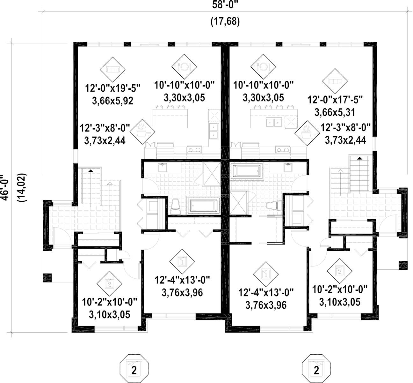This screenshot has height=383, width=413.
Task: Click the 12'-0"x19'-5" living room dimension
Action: pos(113,88)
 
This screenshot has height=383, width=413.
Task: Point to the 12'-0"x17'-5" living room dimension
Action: pos(335,100)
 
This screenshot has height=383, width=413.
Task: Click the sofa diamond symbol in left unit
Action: pos(112,69)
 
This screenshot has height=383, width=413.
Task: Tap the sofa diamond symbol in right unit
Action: pos(335,81)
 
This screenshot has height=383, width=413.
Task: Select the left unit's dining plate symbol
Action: pos(184,67)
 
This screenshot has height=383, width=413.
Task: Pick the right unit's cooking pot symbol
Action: pos(307,133)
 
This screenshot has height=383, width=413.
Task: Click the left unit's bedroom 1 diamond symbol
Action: pos(182,261)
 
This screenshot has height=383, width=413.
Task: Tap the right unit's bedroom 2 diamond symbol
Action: pos(340,271)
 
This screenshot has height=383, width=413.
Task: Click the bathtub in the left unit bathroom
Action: pos(204,206)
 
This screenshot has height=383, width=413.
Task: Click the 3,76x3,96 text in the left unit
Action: pos(182,293)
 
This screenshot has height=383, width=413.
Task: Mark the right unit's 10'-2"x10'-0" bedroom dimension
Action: pos(340,290)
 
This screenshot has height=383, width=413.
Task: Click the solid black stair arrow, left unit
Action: pos(91,171)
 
